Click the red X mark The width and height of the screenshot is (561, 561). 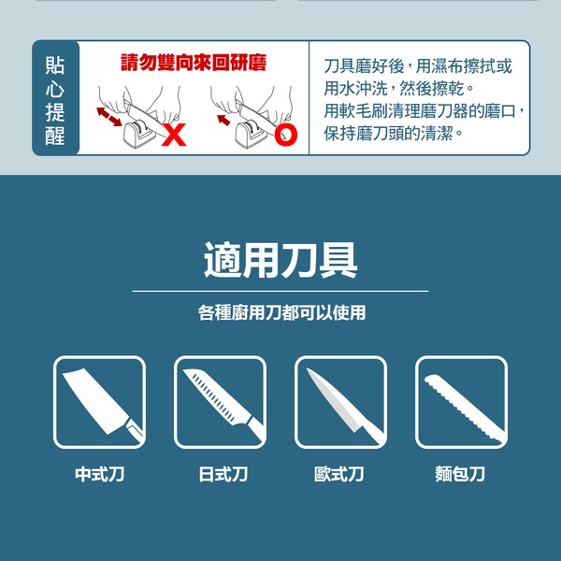point(174,135)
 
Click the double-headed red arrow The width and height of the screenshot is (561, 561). point(109,117)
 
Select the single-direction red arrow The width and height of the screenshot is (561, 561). point(223,120)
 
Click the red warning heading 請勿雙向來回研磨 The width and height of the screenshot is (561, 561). point(194,63)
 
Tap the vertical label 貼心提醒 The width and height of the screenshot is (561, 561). point(55,101)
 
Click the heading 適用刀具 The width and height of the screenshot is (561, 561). point(280,260)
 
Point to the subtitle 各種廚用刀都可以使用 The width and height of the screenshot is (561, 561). point(282,312)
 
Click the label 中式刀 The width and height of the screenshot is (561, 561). point(99,474)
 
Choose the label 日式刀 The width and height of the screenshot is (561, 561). point(223,474)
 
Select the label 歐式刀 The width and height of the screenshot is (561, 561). point(339,474)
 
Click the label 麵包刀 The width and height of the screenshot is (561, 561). point(460,474)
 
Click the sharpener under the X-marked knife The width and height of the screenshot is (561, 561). point(137,134)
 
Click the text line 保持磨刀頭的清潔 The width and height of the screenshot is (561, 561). point(394,134)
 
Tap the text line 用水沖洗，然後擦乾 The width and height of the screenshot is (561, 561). point(399,89)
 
